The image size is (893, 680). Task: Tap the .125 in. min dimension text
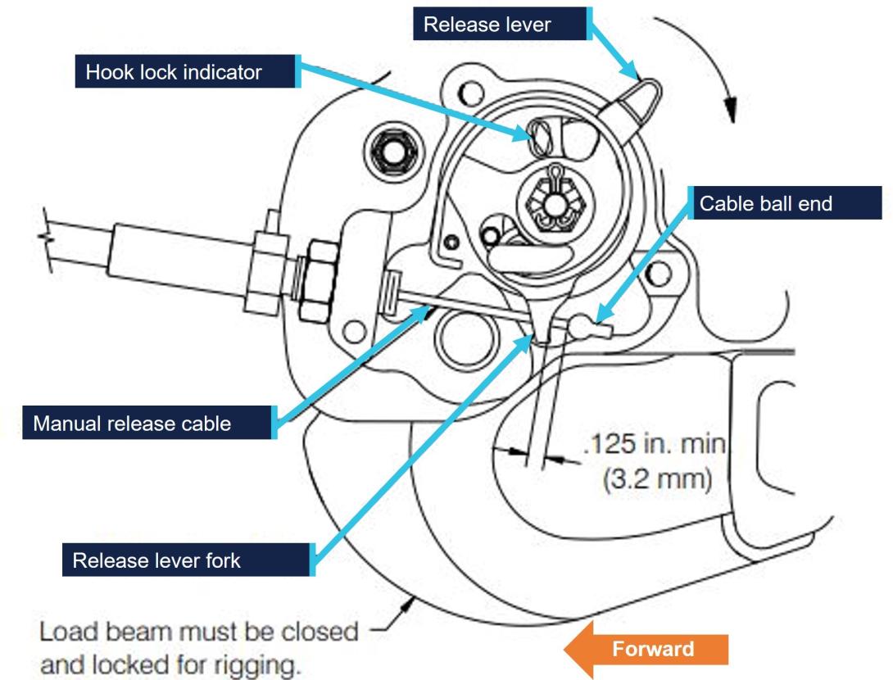pyautogui.click(x=655, y=445)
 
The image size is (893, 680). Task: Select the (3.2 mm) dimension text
pyautogui.click(x=657, y=478)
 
